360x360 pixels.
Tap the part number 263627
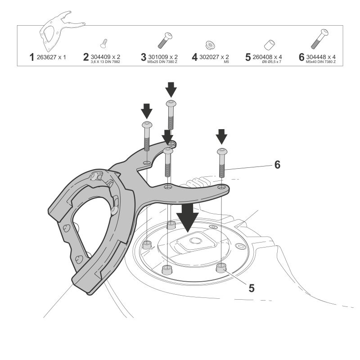(48, 57)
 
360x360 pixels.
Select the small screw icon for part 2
(103, 43)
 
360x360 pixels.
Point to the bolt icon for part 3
(164, 40)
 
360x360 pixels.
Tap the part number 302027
(211, 57)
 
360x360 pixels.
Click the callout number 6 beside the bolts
(277, 165)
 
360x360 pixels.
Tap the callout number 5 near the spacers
(251, 288)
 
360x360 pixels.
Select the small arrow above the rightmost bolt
(221, 136)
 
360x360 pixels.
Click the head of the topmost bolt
(171, 104)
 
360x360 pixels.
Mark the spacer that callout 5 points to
(221, 268)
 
